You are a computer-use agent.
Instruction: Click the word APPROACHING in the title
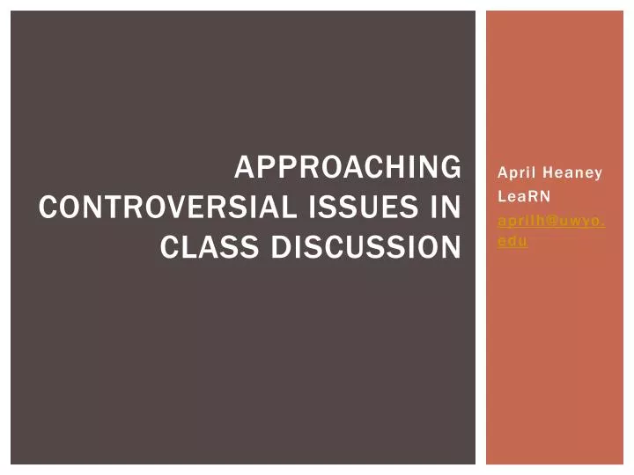[x=348, y=167]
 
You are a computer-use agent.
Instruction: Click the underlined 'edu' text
[x=512, y=241]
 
